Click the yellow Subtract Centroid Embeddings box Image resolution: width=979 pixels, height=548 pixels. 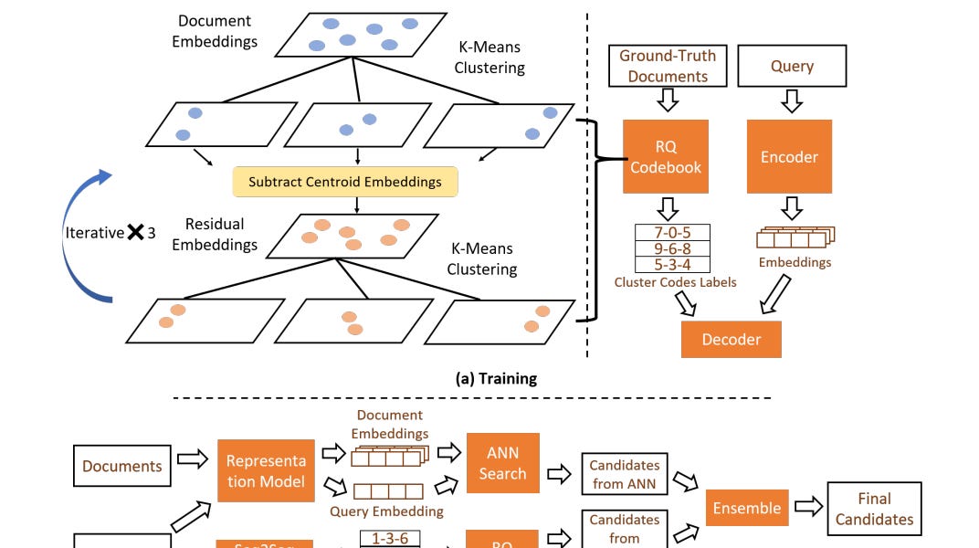345,182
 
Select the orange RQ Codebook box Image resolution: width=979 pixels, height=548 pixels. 666,156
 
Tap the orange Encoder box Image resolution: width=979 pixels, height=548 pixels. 789,156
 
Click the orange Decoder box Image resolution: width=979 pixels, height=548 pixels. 731,339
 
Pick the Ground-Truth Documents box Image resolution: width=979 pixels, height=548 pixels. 668,67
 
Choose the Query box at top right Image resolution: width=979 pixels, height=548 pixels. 792,67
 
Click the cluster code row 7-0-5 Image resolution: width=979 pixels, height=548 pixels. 672,232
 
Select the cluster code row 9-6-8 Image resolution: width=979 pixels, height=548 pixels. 672,248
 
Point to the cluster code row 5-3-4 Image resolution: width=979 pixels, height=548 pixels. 672,265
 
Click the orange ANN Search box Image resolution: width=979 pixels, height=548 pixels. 502,463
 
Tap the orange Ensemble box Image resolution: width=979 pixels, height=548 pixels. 746,508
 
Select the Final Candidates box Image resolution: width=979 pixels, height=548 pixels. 874,509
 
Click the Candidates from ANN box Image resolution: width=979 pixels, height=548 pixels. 625,474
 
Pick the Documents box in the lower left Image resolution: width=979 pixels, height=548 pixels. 122,466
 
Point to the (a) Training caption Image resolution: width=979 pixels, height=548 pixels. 496,378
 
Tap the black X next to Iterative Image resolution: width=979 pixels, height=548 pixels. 135,232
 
